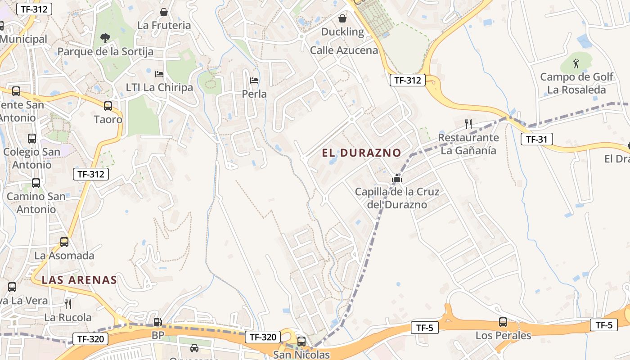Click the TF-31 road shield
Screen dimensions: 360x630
click(536, 139)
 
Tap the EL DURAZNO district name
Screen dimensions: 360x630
click(361, 153)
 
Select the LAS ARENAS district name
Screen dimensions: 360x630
click(79, 280)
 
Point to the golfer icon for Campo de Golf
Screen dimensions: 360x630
click(576, 63)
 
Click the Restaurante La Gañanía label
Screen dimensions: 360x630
click(468, 144)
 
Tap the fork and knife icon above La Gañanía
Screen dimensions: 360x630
click(468, 124)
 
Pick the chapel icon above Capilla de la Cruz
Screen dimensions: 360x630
click(396, 179)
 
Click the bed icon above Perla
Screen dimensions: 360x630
click(254, 81)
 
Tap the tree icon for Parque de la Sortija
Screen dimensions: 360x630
click(105, 38)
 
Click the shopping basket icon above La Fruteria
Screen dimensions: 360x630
click(164, 12)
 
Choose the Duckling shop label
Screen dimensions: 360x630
click(342, 31)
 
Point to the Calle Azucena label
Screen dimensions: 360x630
click(344, 50)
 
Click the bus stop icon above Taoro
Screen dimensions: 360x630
click(108, 106)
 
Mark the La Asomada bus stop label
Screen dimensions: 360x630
click(64, 256)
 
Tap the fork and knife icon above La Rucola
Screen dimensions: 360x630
click(68, 304)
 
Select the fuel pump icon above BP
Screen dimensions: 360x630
click(157, 322)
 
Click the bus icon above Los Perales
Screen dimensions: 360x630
click(503, 322)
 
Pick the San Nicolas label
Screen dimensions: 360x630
click(301, 355)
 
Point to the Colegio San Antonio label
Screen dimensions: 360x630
click(31, 158)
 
